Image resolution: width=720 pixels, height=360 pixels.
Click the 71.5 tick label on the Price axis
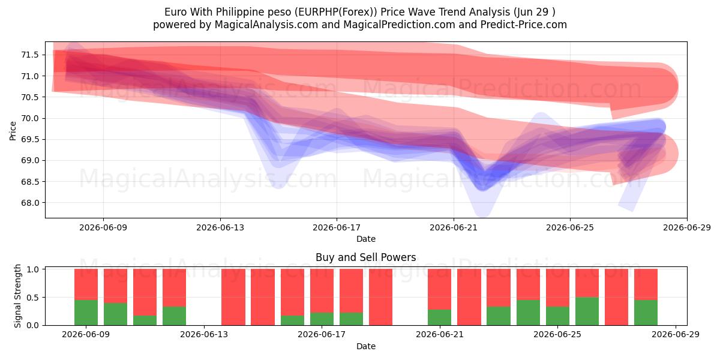(x=29, y=55)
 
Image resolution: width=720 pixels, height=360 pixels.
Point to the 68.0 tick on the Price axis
(x=29, y=203)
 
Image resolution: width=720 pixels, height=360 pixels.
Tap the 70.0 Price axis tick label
(x=29, y=118)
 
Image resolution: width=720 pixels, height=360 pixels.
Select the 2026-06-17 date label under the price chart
(x=337, y=227)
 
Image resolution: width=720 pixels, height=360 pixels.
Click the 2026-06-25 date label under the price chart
(x=570, y=227)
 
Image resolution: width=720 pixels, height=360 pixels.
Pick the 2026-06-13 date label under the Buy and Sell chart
(x=204, y=334)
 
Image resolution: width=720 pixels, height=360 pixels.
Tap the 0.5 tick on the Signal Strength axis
(x=32, y=298)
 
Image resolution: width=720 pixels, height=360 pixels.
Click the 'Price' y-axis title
(x=13, y=131)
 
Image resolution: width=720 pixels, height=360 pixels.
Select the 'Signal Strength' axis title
(x=17, y=296)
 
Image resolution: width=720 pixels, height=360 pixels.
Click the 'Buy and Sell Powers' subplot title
(x=366, y=257)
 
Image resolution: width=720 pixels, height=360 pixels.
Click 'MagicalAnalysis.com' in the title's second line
(x=266, y=25)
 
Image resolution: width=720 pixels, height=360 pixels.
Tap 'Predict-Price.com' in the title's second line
(x=524, y=25)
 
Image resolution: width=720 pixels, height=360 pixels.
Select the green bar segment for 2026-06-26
(x=587, y=311)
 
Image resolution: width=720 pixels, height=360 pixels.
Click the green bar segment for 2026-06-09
(x=86, y=313)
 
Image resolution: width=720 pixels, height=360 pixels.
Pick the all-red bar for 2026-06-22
(x=469, y=297)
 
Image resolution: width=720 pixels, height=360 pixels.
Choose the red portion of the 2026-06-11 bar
(x=145, y=292)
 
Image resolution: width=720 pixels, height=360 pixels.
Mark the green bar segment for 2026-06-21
(x=439, y=317)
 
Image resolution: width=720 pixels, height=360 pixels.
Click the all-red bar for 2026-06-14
(x=233, y=297)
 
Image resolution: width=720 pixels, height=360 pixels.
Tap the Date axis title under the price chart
(x=366, y=239)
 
